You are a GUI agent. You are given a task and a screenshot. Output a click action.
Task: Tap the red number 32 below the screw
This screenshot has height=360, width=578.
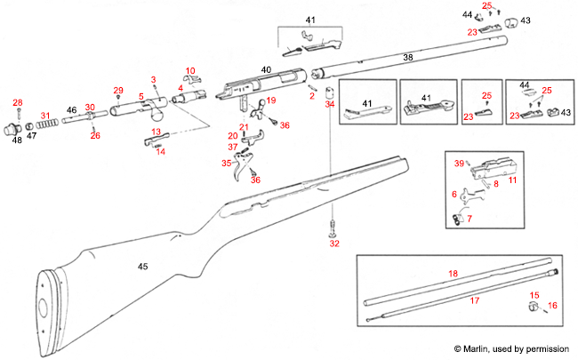point(334,243)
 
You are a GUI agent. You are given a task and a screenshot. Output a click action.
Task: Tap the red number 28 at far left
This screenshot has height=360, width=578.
point(18,103)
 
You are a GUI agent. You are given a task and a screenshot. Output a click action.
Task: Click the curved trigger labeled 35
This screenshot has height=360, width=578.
point(239,171)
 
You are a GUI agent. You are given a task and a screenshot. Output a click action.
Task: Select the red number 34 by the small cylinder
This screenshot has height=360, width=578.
point(331,104)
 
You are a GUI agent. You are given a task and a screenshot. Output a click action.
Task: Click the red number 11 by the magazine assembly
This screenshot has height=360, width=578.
point(512,180)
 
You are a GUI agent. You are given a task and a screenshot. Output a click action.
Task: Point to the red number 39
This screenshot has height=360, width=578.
point(459,164)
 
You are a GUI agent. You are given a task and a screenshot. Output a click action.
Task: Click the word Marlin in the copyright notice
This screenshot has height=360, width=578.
point(486,348)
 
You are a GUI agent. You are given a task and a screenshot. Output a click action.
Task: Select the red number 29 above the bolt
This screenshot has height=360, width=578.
point(118,91)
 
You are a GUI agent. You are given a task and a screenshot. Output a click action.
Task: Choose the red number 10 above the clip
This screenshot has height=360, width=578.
point(189,69)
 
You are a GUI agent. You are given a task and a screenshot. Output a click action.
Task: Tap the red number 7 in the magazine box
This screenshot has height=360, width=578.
point(470,219)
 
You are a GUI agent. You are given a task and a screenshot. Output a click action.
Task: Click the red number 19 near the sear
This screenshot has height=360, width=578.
point(271,100)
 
